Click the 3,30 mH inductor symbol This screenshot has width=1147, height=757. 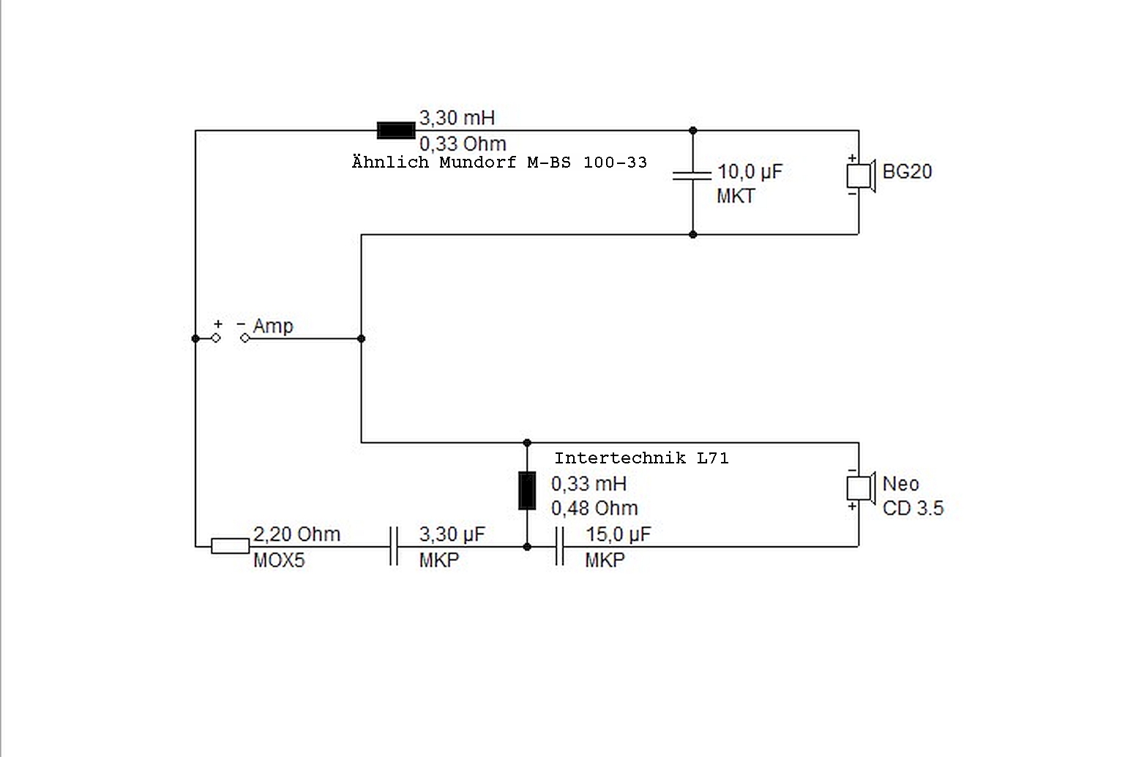[x=396, y=131]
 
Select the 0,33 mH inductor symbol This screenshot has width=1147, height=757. [x=526, y=491]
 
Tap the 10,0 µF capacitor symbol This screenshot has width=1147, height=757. [x=692, y=175]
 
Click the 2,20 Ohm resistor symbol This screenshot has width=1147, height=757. [x=230, y=545]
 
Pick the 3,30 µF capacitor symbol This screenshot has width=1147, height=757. [x=393, y=545]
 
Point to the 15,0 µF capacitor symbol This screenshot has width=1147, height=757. [x=559, y=545]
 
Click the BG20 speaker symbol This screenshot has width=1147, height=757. [x=859, y=176]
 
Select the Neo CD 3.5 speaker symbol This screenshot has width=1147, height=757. [x=859, y=488]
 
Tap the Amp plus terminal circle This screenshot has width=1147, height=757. [x=216, y=338]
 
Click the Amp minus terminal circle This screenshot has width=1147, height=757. [x=244, y=338]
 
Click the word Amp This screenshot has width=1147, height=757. [x=273, y=326]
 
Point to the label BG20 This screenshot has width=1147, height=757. [x=907, y=172]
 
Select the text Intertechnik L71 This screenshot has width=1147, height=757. [x=641, y=458]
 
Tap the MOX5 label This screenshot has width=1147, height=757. [x=279, y=561]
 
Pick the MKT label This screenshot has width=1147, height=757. [x=736, y=196]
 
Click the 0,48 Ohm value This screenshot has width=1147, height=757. [x=594, y=508]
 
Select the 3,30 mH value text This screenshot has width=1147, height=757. [x=457, y=117]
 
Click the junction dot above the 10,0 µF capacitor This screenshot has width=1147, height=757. [x=693, y=131]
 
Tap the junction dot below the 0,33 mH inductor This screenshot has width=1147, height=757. [x=527, y=546]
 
